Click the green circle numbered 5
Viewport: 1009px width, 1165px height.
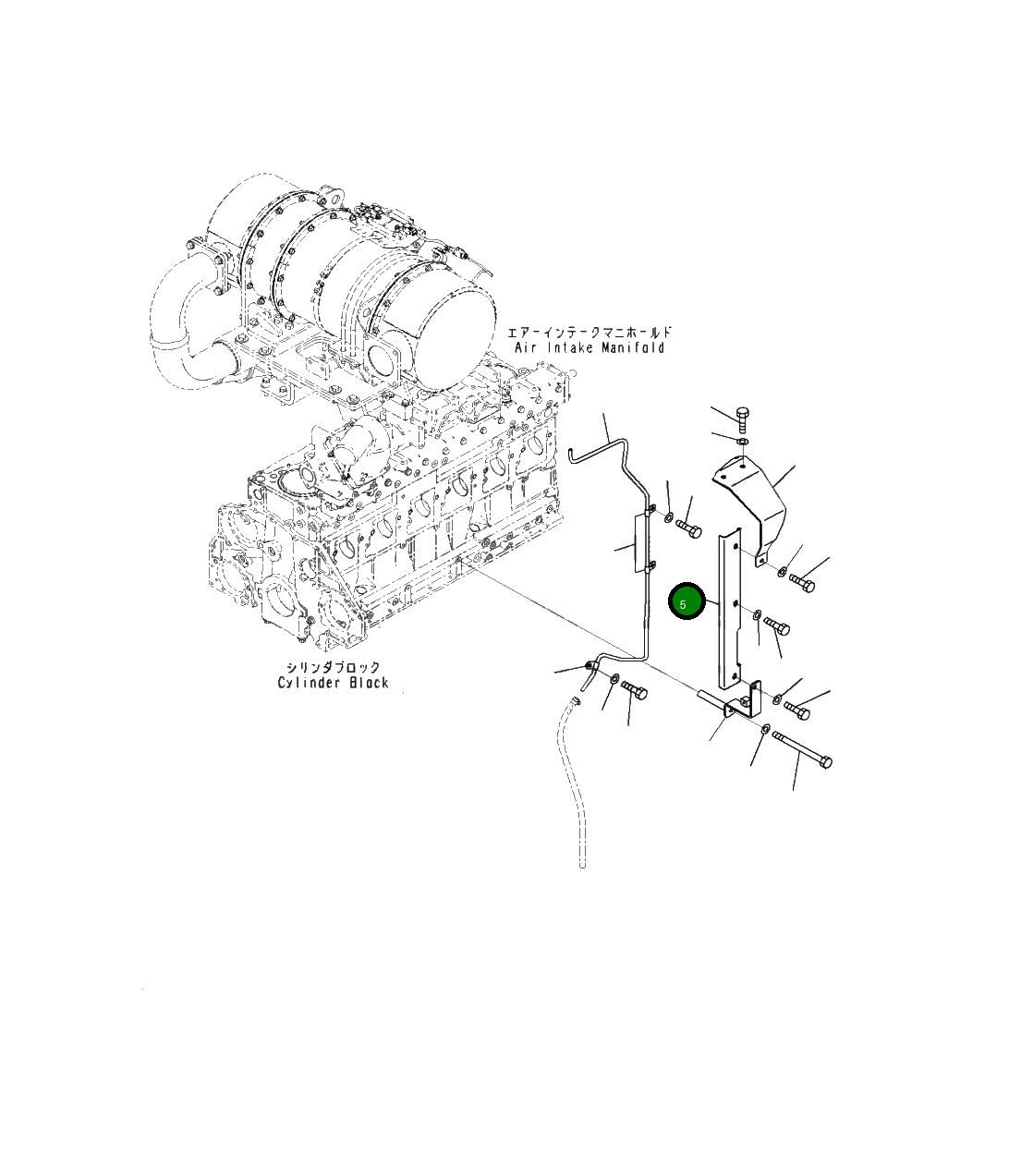point(687,601)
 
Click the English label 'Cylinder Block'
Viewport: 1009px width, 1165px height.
point(334,683)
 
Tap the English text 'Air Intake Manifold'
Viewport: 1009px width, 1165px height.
point(590,347)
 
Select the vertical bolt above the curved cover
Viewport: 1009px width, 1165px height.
point(742,419)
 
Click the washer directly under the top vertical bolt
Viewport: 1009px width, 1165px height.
point(743,440)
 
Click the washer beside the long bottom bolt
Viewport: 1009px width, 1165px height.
point(765,729)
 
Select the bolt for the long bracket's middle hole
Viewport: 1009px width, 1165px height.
point(777,625)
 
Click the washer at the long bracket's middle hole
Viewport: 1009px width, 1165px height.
point(757,614)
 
